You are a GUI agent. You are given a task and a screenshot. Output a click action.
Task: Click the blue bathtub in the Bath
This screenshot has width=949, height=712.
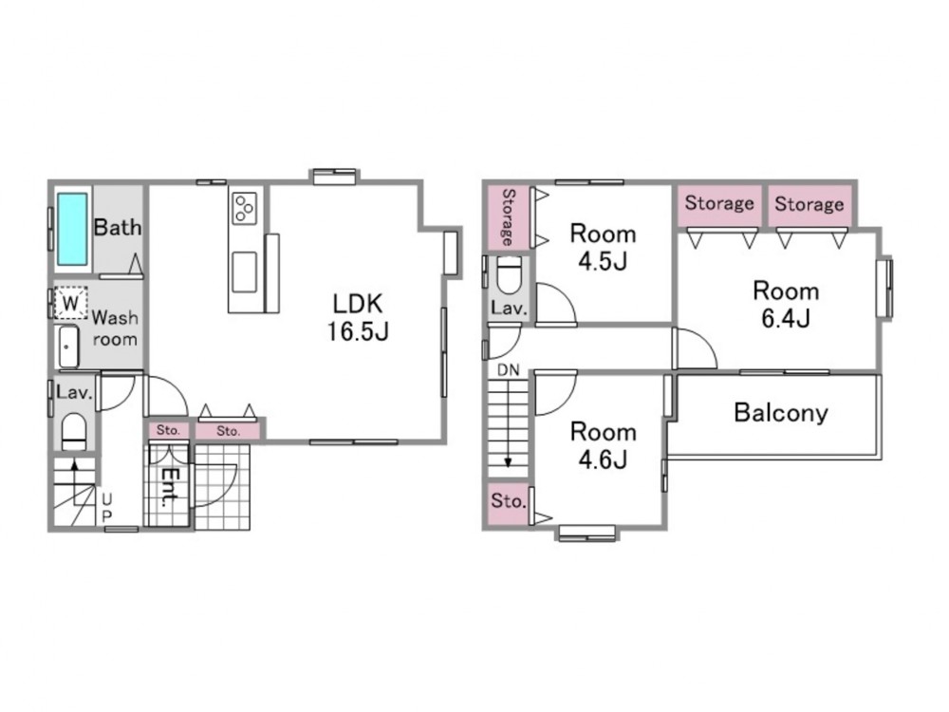72,229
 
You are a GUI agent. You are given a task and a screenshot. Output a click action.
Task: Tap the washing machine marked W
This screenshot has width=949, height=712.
71,302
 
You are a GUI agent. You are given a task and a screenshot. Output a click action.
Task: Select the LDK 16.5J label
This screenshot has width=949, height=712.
357,317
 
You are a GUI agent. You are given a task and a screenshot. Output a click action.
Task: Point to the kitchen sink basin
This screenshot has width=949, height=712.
244,272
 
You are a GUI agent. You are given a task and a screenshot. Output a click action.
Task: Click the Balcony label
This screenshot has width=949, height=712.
781,413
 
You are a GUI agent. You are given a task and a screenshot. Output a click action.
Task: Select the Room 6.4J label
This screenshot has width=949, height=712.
786,305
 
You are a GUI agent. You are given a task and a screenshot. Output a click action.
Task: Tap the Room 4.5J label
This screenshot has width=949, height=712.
603,247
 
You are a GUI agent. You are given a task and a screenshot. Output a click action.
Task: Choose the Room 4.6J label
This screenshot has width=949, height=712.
603,446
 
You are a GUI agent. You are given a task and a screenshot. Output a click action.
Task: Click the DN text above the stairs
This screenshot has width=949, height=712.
509,370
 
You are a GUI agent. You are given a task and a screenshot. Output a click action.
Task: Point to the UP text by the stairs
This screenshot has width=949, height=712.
106,507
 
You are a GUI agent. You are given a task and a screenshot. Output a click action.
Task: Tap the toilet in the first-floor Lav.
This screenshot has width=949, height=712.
74,430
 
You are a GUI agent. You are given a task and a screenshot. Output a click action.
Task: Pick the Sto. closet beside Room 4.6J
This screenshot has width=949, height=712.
509,502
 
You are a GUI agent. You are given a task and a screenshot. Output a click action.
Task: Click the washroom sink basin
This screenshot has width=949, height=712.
68,347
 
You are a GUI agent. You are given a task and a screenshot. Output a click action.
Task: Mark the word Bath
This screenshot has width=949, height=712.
118,228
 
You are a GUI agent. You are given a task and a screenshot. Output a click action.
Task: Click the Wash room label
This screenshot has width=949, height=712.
115,328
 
